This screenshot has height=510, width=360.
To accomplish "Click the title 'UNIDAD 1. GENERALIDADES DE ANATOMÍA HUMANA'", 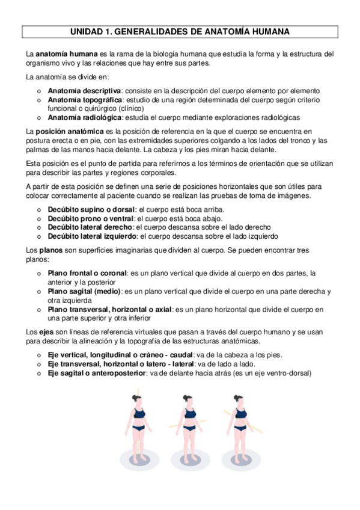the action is coord(180,31).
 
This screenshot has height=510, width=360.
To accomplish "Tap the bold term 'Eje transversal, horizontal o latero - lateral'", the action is coord(121,364).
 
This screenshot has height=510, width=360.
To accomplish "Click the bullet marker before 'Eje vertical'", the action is coord(39,355).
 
